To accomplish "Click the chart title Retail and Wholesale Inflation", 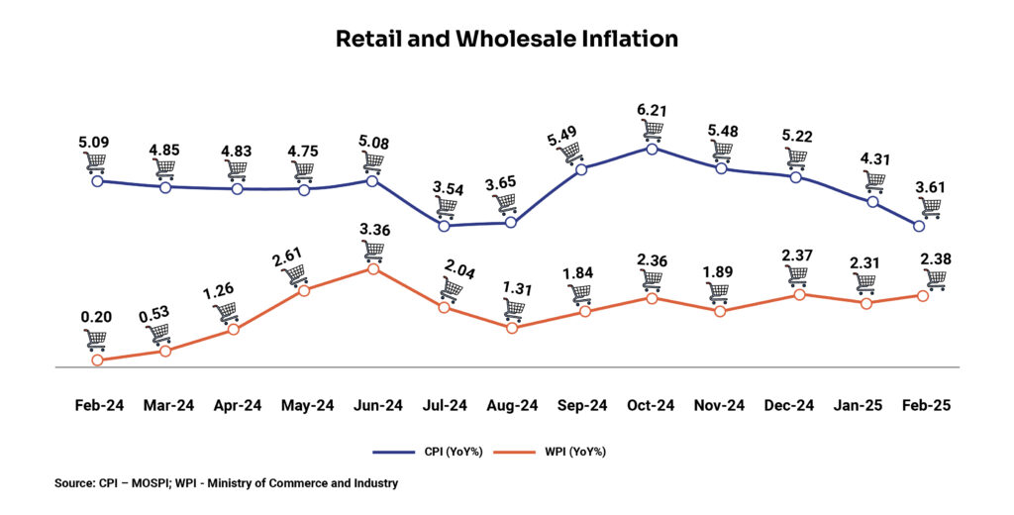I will pos(506,40).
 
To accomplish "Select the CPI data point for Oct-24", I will pos(652,149).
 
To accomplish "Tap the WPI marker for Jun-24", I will pos(372,268).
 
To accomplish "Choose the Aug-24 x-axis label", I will pos(512,405).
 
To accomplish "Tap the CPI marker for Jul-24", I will pos(444,226).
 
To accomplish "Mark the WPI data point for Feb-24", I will pos(97,360).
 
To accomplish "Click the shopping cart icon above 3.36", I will pos(373,247).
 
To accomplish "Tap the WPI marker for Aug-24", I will pos(512,327).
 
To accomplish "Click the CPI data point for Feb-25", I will pos(920,226).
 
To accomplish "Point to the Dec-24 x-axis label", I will pos(790,405).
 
